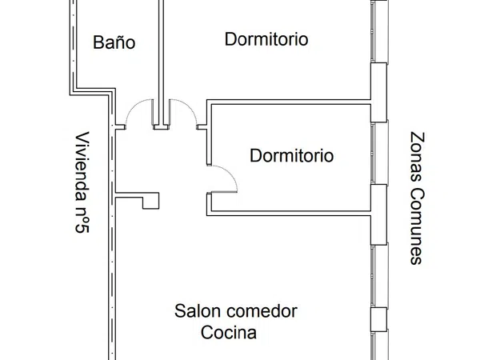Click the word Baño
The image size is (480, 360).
(114, 42)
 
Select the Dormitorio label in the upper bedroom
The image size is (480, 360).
(266, 39)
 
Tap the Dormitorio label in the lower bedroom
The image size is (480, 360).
(292, 155)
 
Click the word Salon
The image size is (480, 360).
(198, 311)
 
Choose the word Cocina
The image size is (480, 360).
(229, 333)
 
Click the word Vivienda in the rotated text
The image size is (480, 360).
(82, 167)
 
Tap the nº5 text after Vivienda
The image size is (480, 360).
(82, 220)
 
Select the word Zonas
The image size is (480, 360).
(418, 157)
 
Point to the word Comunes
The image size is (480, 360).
(418, 226)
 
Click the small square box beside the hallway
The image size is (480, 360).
(151, 201)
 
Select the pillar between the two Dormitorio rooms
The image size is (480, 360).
(378, 92)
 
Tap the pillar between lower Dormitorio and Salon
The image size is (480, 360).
(378, 214)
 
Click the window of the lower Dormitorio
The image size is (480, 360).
(379, 153)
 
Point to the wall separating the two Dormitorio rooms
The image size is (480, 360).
(289, 102)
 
